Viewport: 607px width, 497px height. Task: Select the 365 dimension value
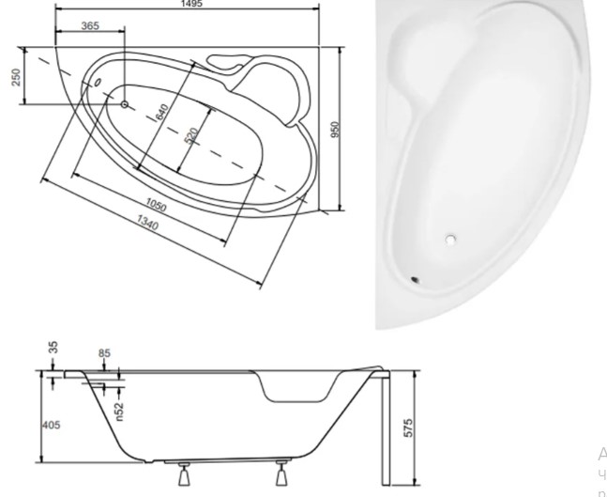point(90,26)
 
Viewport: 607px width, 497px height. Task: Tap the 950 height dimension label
point(335,128)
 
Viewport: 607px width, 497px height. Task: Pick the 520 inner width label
point(191,135)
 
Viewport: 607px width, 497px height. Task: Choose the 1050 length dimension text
point(157,205)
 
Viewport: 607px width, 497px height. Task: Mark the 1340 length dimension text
point(146,223)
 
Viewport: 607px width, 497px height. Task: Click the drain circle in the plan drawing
point(124,104)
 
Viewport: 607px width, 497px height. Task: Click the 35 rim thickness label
point(53,348)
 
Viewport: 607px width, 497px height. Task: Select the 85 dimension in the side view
point(104,354)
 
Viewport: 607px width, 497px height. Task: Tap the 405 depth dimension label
point(51,426)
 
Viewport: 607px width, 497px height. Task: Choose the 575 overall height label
point(408,427)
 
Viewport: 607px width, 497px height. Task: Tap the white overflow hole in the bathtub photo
point(450,241)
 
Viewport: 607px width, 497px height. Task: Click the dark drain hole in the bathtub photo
point(415,278)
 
